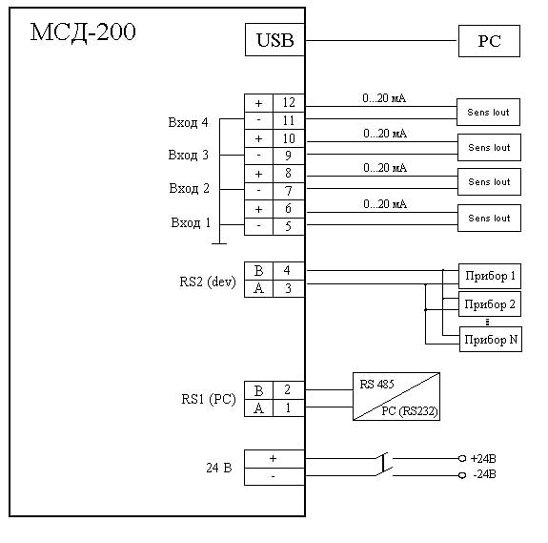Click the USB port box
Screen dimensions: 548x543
(274, 39)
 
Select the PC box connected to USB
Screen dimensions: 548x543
(489, 41)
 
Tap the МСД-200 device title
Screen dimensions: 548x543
(83, 32)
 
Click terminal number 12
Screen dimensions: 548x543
(289, 102)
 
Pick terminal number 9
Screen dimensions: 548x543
(288, 156)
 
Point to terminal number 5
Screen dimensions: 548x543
(288, 226)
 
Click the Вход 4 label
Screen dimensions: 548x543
(188, 122)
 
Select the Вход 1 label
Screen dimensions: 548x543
(191, 222)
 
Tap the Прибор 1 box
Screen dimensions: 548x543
(490, 276)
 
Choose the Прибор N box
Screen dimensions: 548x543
(491, 340)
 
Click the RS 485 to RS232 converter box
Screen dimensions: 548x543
(396, 396)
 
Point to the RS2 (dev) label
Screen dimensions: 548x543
(208, 282)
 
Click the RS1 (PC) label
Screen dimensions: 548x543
(209, 399)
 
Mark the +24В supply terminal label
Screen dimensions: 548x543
(483, 459)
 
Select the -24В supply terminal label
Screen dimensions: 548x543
(484, 474)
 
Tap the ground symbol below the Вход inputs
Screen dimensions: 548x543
(219, 243)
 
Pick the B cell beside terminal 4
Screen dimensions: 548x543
(258, 271)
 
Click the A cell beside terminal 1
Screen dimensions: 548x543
(258, 407)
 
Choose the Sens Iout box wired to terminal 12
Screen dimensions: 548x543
(488, 113)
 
